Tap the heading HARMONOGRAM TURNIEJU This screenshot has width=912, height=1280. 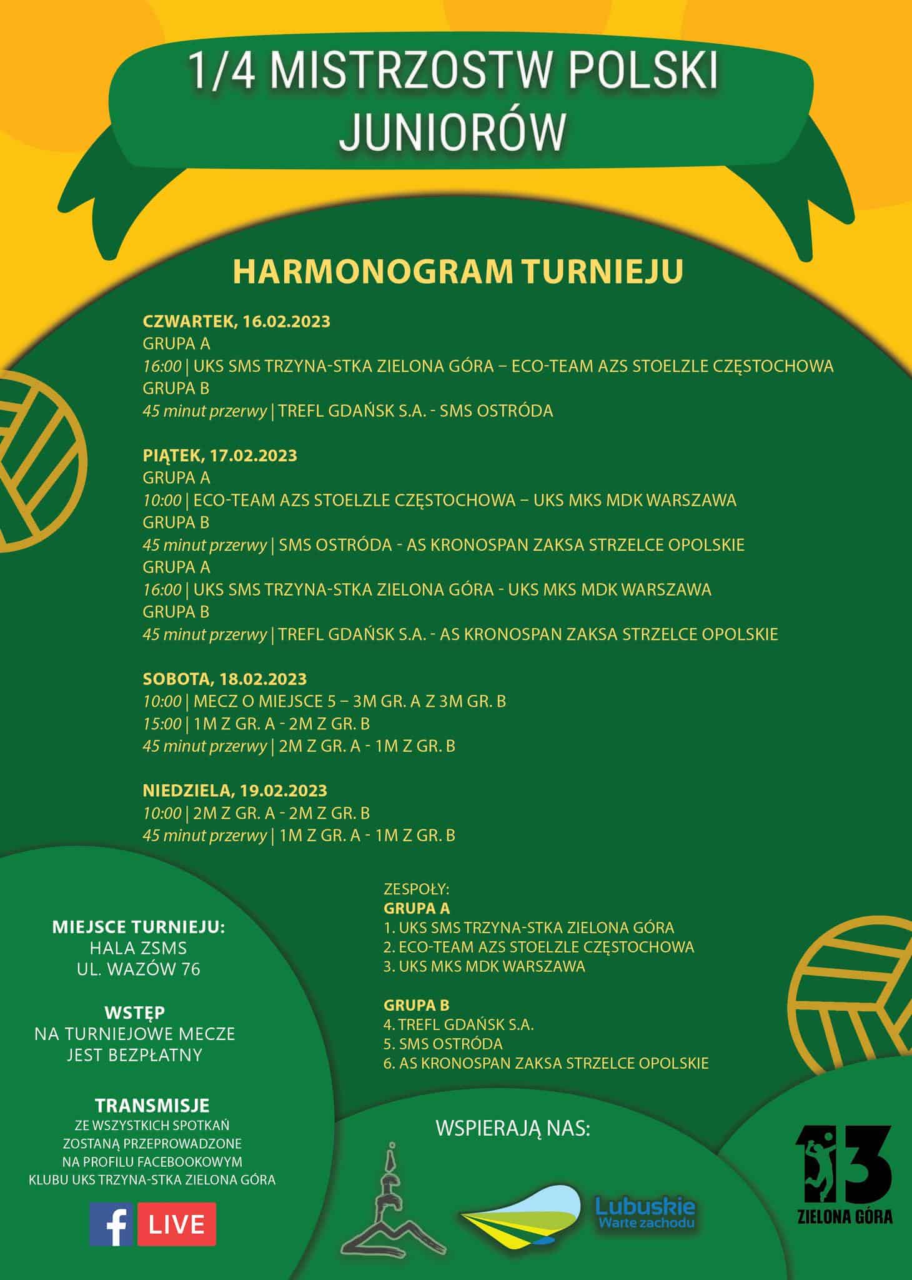point(458,271)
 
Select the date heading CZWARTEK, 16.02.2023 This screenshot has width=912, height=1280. point(236,321)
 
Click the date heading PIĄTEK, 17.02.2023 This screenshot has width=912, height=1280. point(220,455)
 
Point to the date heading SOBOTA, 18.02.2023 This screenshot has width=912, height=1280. point(225,679)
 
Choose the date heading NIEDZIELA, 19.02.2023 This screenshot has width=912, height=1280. point(235,790)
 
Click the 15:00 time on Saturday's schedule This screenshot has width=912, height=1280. point(162,724)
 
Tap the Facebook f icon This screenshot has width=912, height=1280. point(111,1224)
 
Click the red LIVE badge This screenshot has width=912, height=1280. point(177,1224)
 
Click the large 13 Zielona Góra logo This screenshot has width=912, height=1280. point(845,1174)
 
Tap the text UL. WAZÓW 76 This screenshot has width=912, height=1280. point(138,969)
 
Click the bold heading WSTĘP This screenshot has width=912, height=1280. point(135,1012)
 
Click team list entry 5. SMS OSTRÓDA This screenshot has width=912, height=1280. point(443,1044)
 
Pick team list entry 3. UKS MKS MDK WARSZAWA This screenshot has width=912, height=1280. point(484,966)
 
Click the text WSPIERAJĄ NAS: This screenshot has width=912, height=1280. point(512,1129)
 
